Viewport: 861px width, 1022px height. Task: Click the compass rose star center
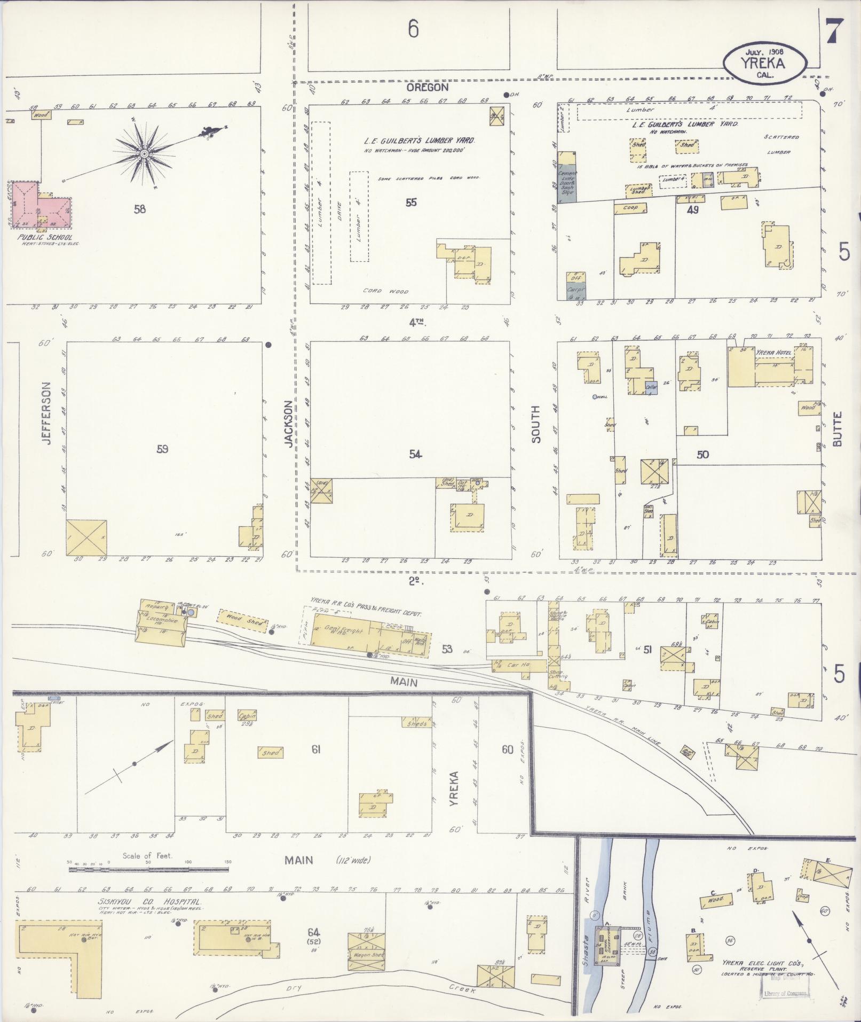pyautogui.click(x=144, y=154)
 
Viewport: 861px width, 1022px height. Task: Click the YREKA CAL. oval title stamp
pyautogui.click(x=764, y=63)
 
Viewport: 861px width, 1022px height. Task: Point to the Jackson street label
pyautogui.click(x=289, y=424)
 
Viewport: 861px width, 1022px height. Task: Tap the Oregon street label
pyautogui.click(x=427, y=87)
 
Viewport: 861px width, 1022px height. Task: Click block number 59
pyautogui.click(x=162, y=449)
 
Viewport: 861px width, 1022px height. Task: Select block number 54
pyautogui.click(x=416, y=454)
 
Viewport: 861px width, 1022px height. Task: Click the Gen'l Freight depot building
pyautogui.click(x=346, y=632)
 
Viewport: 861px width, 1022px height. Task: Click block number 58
pyautogui.click(x=140, y=209)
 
